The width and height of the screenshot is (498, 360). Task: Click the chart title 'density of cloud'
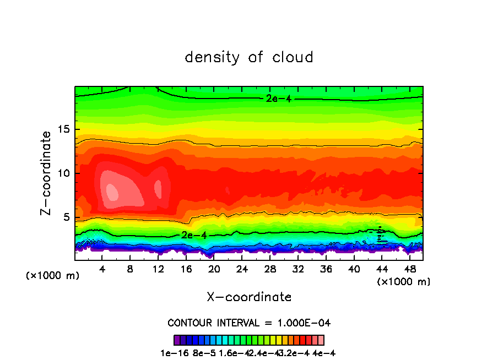[x=249, y=57]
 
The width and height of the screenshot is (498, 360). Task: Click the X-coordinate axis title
[x=249, y=297]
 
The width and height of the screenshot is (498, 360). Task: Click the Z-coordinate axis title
[x=47, y=173]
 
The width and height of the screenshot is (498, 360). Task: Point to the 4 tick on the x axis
[x=102, y=269]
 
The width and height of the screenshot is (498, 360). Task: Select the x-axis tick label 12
[x=159, y=269]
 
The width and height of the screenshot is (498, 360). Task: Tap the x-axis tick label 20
[x=215, y=269]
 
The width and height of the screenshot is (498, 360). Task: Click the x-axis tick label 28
[x=270, y=269]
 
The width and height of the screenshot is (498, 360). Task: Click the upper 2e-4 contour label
[x=275, y=99]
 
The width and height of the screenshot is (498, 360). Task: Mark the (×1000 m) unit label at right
[x=404, y=282]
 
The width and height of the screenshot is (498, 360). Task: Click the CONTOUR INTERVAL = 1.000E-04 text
[x=249, y=323]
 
